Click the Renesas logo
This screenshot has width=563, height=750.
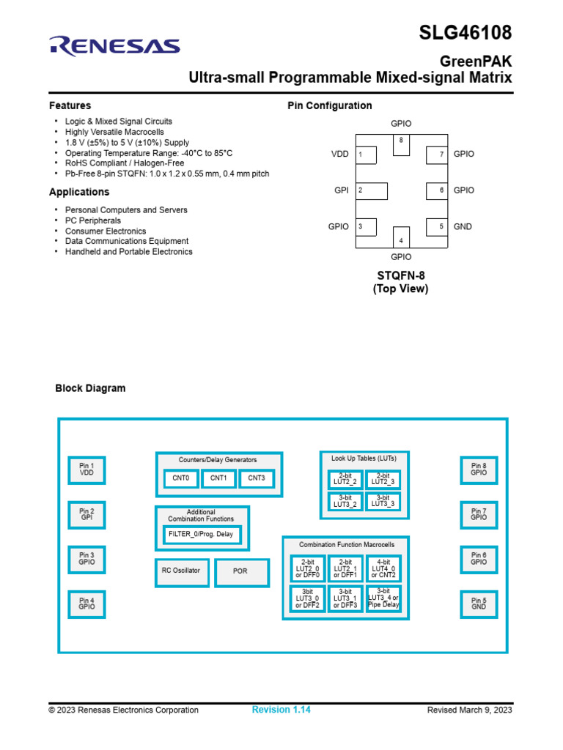coord(114,46)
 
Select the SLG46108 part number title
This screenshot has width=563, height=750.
coord(466,33)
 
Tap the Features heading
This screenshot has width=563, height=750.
coord(70,105)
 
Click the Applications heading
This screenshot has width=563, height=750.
coord(79,192)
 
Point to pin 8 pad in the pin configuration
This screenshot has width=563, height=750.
coord(401,144)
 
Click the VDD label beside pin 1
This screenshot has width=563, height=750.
coord(340,155)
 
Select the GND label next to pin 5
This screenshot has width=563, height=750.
coord(463,226)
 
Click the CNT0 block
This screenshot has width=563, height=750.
coord(180,478)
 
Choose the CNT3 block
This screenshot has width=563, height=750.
coord(256,478)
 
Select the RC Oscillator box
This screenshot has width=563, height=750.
coord(180,571)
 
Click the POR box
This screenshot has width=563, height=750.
coord(240,571)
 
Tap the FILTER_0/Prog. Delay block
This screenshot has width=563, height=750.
coord(201,534)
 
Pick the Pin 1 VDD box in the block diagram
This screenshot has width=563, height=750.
coord(87,469)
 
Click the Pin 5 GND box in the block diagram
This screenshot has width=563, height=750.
coord(479,604)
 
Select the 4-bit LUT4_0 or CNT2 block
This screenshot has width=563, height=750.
coord(383,568)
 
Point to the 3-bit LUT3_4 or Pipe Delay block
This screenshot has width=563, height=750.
coord(383,598)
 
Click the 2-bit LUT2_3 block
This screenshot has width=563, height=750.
coord(383,478)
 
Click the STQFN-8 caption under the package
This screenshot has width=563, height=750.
coord(401,275)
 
